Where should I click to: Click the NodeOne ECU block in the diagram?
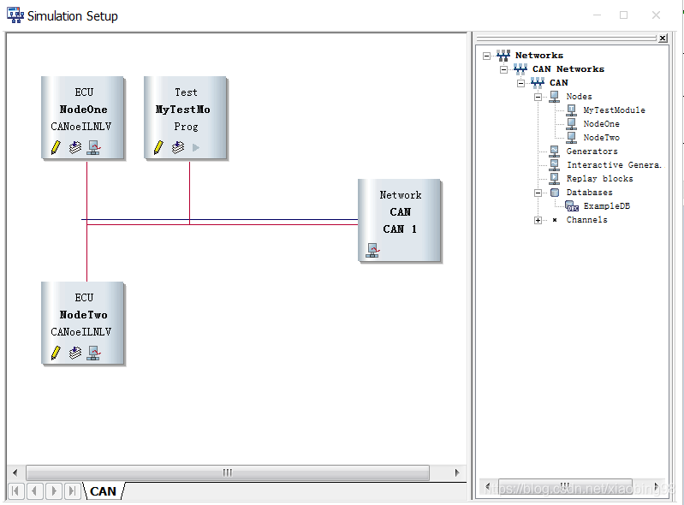coord(83,110)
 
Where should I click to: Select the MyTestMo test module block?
coord(186,110)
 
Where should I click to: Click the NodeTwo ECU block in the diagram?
coord(83,315)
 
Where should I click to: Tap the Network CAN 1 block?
coord(400,212)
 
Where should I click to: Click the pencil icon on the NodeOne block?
coord(56,147)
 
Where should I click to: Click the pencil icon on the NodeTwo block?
coord(56,353)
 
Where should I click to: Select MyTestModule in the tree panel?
coord(614,110)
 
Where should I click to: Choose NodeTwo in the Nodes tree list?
coord(601,138)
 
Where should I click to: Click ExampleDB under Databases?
coord(606,206)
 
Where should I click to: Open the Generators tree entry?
coord(592,151)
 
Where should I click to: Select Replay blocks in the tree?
coord(599,179)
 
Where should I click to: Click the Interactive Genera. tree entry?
coord(614,165)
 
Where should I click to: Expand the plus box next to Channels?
coord(538,220)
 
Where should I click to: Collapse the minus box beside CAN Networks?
coord(504,69)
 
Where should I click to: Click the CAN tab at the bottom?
coord(103,491)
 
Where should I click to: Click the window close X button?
coord(656,15)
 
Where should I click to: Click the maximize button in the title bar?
coord(623,15)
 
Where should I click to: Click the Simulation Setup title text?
coord(73,16)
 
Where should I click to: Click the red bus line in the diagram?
coord(257,224)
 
